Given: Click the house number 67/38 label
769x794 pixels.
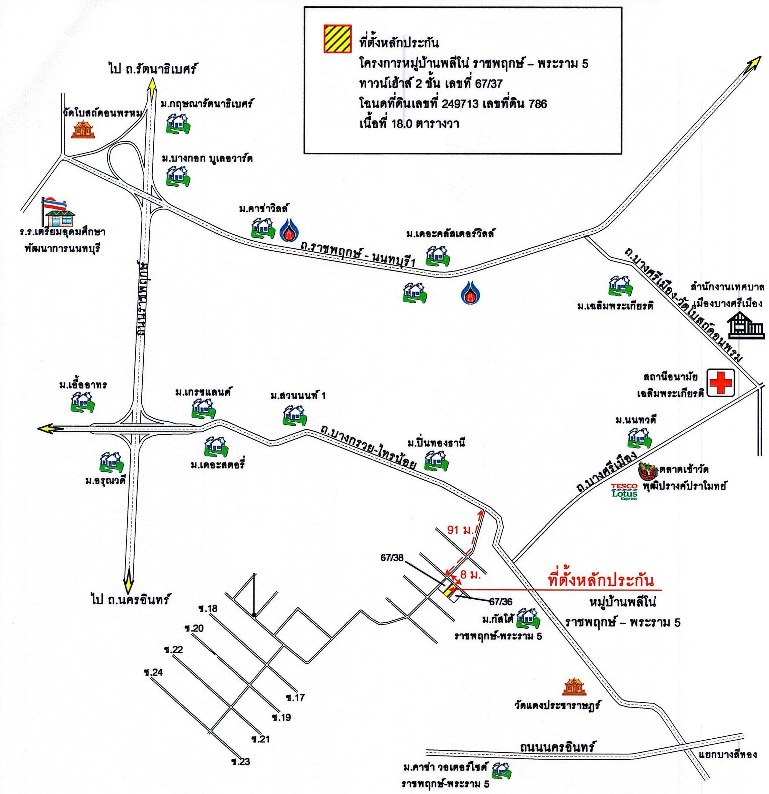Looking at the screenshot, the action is click(392, 557).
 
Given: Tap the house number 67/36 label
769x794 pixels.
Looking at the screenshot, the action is click(501, 602).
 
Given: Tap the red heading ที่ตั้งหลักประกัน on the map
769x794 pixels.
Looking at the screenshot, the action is click(600, 581).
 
